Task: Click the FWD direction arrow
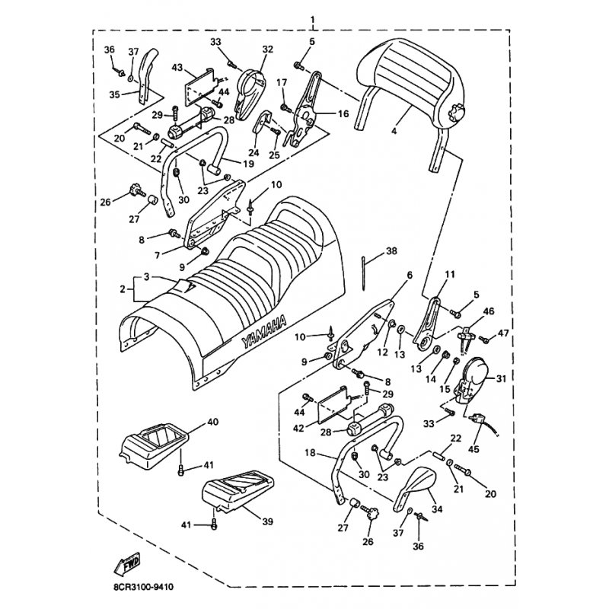(127, 565)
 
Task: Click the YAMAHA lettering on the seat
(264, 331)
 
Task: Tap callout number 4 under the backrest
(394, 131)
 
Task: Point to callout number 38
(391, 251)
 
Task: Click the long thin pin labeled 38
(364, 273)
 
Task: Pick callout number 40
(213, 422)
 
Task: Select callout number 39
(268, 521)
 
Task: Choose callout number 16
(343, 113)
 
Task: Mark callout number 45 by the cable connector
(473, 449)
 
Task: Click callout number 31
(501, 378)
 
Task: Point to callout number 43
(177, 67)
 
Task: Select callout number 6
(410, 276)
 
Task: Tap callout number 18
(311, 453)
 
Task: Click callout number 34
(437, 509)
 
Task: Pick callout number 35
(115, 94)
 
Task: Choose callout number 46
(489, 311)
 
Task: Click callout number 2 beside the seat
(123, 289)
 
